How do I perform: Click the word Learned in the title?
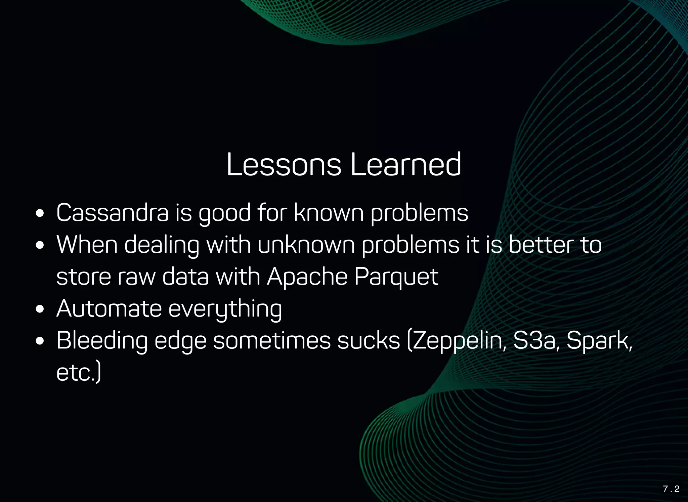coord(406,165)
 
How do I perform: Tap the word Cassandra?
coord(113,213)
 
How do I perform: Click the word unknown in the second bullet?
coord(306,245)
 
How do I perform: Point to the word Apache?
coord(307,277)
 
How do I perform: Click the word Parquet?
coord(396,277)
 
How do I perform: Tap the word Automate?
coord(109,308)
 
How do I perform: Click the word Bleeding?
coord(102,340)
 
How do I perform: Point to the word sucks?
coord(369,340)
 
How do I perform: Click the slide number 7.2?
coord(671,489)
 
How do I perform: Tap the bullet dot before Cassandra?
coord(40,214)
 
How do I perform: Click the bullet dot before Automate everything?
coord(40,309)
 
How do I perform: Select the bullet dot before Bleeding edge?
coord(40,341)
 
